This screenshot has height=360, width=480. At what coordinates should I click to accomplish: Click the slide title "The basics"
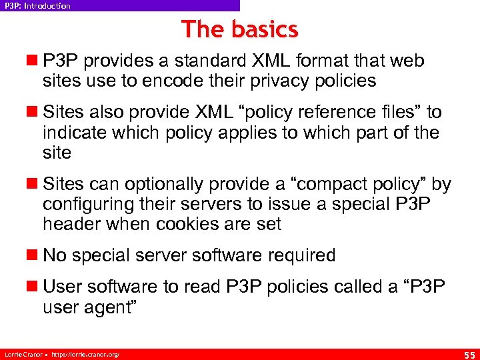(239, 29)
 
